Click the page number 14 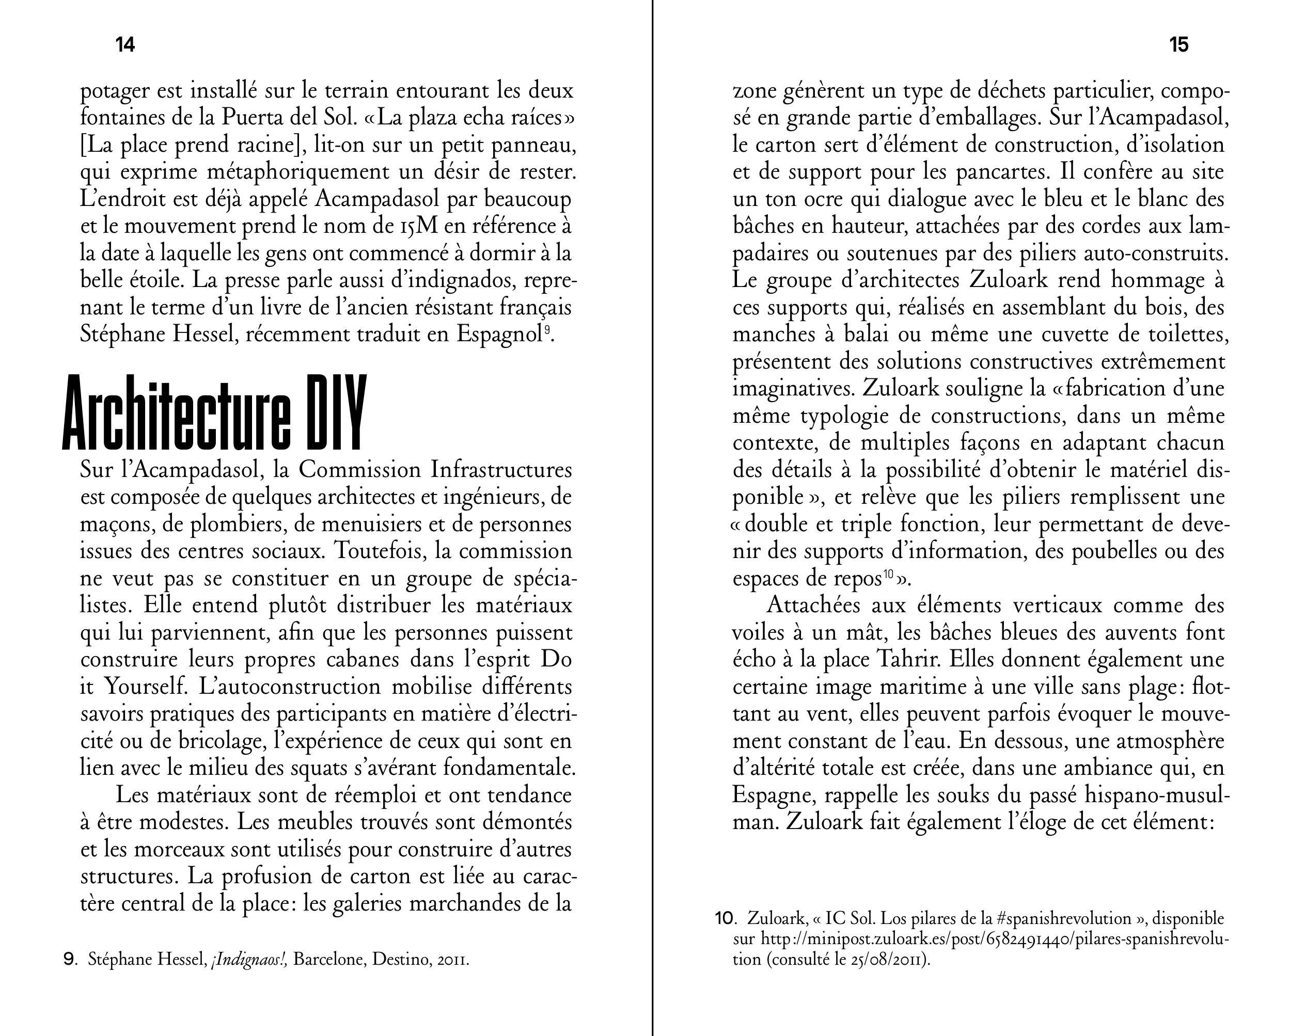click(x=125, y=45)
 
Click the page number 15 click(x=1178, y=45)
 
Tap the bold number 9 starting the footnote click(x=70, y=959)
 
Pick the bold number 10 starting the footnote click(x=724, y=919)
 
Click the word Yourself click(x=144, y=687)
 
